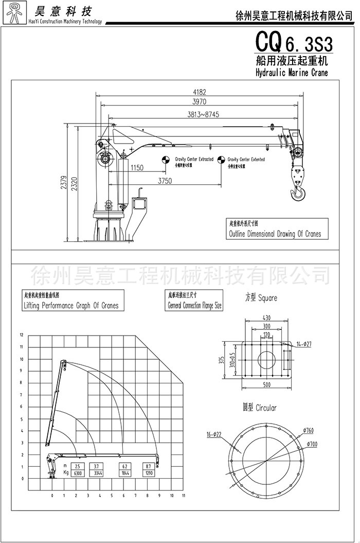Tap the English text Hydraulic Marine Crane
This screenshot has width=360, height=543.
[291, 73]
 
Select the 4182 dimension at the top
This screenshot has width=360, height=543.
[200, 93]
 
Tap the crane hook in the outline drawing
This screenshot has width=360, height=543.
[297, 194]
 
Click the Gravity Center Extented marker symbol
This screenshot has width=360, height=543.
[221, 160]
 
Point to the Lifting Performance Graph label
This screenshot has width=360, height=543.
[71, 305]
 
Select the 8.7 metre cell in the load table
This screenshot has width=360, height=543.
[148, 466]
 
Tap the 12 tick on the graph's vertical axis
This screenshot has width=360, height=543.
[22, 335]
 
